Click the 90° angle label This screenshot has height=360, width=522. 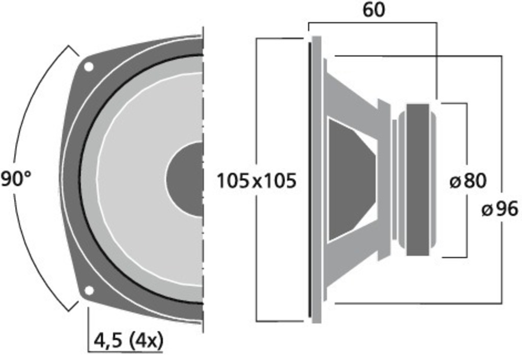click(x=16, y=179)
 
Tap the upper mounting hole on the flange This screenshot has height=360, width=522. click(x=88, y=67)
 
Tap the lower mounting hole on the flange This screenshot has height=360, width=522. click(x=89, y=291)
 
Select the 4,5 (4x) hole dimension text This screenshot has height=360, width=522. click(x=128, y=341)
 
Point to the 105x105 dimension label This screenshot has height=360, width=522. click(x=257, y=181)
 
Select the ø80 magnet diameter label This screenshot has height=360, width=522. click(x=468, y=181)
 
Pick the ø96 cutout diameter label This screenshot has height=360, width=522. click(x=500, y=209)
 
